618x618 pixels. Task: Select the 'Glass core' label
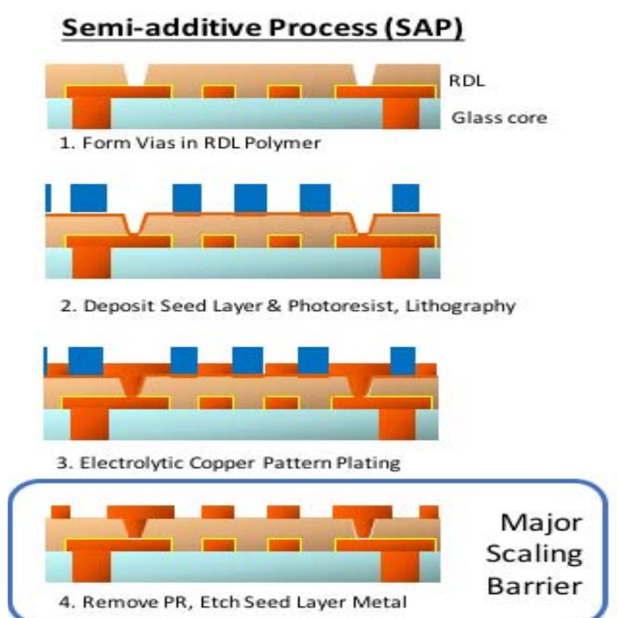point(499,118)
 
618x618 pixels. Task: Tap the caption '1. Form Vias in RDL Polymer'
point(188,145)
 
